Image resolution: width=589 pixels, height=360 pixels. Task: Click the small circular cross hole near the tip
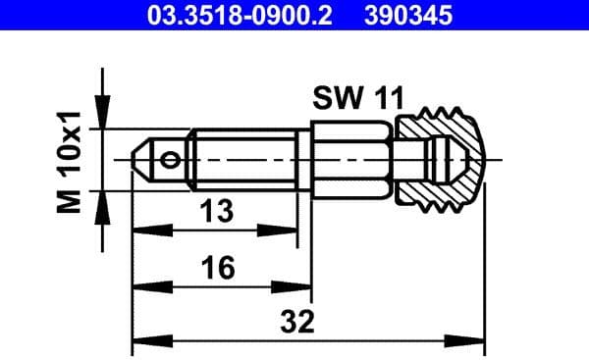pyautogui.click(x=173, y=160)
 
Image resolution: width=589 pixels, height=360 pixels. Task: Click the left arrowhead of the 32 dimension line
pyautogui.click(x=142, y=339)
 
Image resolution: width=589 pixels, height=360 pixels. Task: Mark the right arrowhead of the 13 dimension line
pyautogui.click(x=290, y=231)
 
